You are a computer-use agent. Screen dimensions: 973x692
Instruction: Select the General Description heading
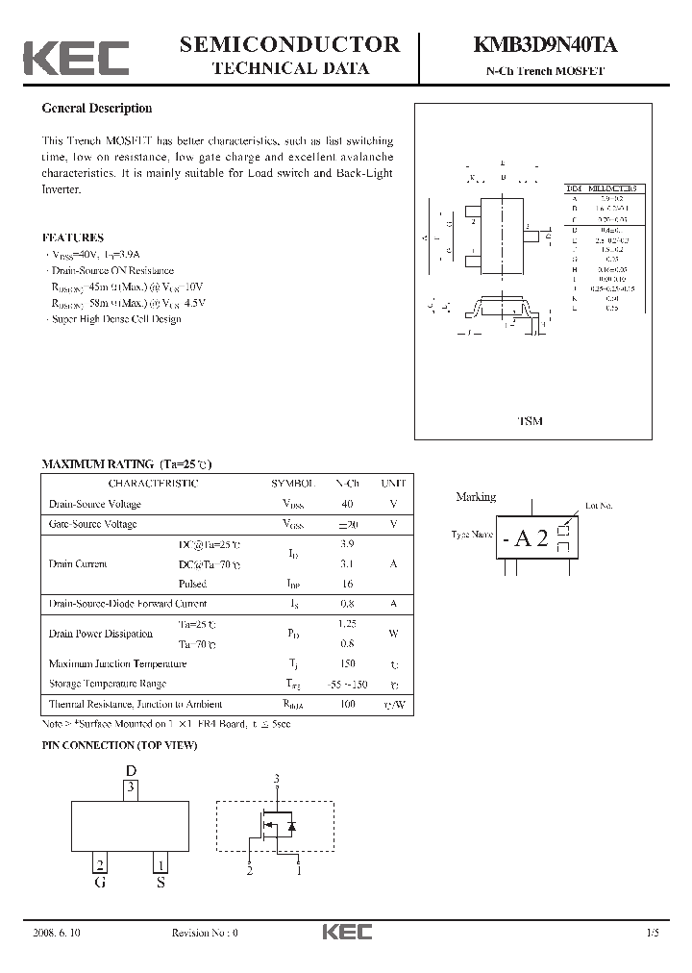(97, 109)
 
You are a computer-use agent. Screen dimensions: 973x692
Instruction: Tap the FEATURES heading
(73, 237)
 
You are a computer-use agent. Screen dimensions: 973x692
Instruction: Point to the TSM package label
(530, 422)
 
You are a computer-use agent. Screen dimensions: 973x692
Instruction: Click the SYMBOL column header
(293, 483)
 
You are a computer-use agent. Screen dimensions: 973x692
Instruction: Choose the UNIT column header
(393, 483)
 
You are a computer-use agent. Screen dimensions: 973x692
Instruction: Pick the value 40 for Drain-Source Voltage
(347, 504)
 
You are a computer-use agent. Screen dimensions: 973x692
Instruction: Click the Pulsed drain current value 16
(347, 584)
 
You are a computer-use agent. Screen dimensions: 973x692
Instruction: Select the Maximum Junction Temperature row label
(117, 663)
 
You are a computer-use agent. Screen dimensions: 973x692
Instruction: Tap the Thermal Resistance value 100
(347, 704)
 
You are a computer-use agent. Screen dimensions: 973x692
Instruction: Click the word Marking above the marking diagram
(476, 497)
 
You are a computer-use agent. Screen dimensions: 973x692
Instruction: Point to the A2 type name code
(531, 538)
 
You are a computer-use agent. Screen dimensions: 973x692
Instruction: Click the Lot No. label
(599, 506)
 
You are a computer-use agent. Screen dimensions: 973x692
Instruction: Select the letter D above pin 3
(132, 770)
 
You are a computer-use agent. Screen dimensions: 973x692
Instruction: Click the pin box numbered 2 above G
(99, 863)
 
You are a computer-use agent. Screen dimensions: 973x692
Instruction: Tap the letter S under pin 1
(161, 882)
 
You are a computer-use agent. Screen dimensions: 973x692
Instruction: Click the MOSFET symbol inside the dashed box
(277, 825)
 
